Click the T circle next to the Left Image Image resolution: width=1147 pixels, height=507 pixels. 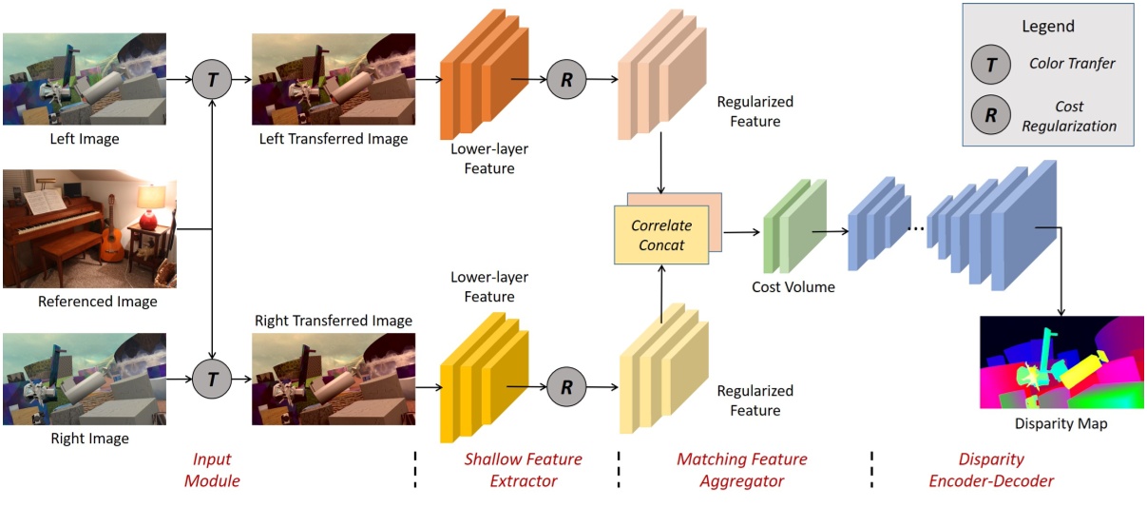(x=212, y=80)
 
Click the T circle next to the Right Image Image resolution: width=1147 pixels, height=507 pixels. (x=212, y=380)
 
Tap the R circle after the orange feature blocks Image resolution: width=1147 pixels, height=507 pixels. (x=566, y=80)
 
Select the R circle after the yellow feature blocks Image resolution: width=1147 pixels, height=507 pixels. (x=566, y=388)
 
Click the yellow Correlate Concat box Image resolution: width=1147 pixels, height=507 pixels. (x=661, y=235)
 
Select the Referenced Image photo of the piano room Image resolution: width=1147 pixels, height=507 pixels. (x=89, y=228)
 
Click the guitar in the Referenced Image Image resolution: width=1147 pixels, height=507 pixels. (x=112, y=238)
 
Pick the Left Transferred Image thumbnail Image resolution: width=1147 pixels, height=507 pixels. (x=334, y=80)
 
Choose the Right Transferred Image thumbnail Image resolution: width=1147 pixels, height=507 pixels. (x=334, y=379)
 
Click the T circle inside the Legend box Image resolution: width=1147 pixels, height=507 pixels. (x=990, y=66)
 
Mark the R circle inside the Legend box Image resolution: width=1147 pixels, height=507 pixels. (x=990, y=116)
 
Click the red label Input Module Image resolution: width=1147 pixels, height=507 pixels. (x=212, y=470)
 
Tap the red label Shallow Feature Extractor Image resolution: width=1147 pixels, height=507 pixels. (x=523, y=470)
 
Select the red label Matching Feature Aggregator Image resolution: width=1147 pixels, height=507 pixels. (x=741, y=470)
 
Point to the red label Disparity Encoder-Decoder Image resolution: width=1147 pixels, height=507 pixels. (x=991, y=470)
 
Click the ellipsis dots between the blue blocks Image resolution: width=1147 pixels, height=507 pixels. (x=918, y=231)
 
